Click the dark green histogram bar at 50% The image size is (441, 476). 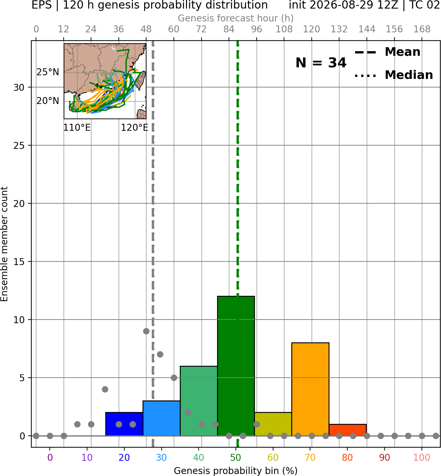[236, 366]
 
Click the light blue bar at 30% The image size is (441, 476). [161, 418]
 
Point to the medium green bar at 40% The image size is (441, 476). [199, 401]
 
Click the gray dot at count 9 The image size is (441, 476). [146, 331]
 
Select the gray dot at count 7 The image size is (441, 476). [160, 354]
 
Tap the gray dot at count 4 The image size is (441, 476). [105, 389]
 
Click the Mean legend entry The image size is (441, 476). [387, 52]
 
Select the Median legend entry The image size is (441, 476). [394, 75]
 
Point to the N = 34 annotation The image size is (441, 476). [321, 63]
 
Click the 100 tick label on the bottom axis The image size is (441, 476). [422, 458]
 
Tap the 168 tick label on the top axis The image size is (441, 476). [422, 29]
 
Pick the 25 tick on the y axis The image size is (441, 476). [19, 146]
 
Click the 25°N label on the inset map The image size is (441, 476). [48, 72]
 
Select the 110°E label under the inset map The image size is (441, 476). [77, 127]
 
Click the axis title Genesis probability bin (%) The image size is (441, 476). [236, 471]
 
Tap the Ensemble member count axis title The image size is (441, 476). [4, 244]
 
